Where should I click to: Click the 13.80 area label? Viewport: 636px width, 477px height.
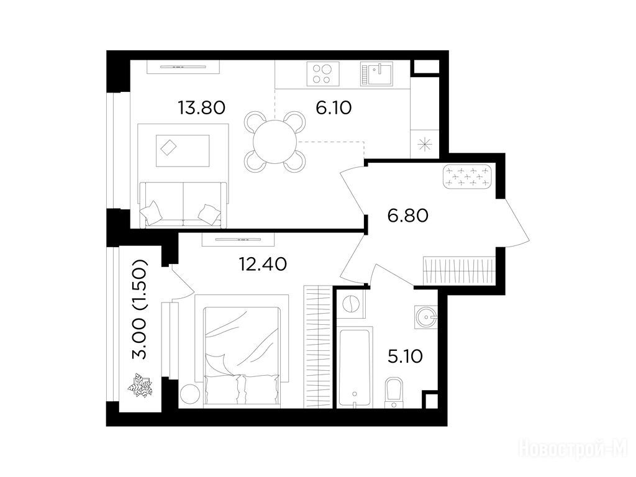point(201,108)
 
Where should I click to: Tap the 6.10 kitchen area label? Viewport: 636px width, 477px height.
point(334,108)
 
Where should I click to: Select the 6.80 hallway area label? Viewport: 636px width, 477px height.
point(407,216)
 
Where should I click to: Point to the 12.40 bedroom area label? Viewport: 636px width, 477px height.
point(263,265)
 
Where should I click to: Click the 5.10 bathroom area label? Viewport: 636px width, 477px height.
point(405,357)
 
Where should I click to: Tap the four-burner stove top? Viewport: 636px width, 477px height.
point(323,74)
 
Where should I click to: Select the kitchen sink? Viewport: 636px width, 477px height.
point(376,74)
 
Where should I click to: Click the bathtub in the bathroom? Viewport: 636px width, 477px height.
point(355,368)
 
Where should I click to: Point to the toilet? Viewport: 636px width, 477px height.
point(394,393)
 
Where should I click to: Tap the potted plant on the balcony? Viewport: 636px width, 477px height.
point(140,385)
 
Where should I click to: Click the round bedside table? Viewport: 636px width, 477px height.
point(189,393)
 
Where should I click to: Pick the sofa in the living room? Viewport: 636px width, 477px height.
point(183,205)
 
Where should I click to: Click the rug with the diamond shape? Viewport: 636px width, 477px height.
point(183,150)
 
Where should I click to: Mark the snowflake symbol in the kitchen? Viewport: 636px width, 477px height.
point(424,144)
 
